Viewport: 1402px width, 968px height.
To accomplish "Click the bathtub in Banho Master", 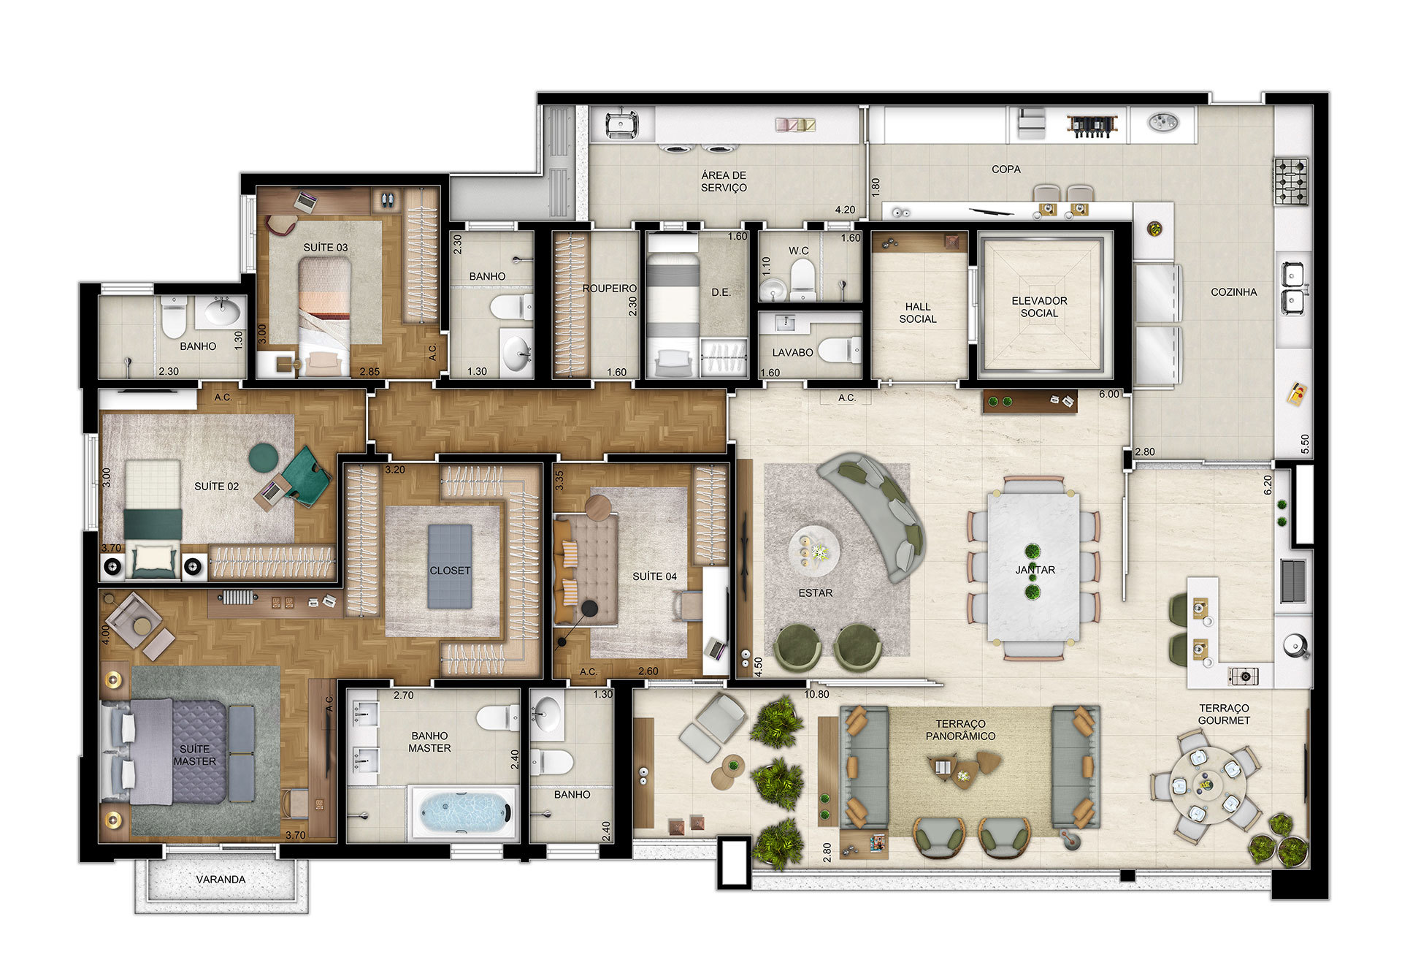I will tap(464, 812).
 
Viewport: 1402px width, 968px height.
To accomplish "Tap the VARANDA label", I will tap(221, 880).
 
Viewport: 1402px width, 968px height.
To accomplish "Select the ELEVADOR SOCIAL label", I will tap(1039, 307).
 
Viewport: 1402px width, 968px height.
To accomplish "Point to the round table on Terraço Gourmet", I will tap(1206, 785).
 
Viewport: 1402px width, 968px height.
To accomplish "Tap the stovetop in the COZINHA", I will tap(1291, 181).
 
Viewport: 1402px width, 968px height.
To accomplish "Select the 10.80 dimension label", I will tap(816, 694).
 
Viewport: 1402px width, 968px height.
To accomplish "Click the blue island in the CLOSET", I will tap(450, 565).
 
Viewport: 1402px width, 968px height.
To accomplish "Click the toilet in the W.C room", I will tap(802, 281).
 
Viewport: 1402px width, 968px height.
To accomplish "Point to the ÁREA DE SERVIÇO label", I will tap(724, 181).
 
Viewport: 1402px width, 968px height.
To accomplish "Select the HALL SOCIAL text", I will tap(918, 313).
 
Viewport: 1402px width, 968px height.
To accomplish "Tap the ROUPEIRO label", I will tap(609, 289).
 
